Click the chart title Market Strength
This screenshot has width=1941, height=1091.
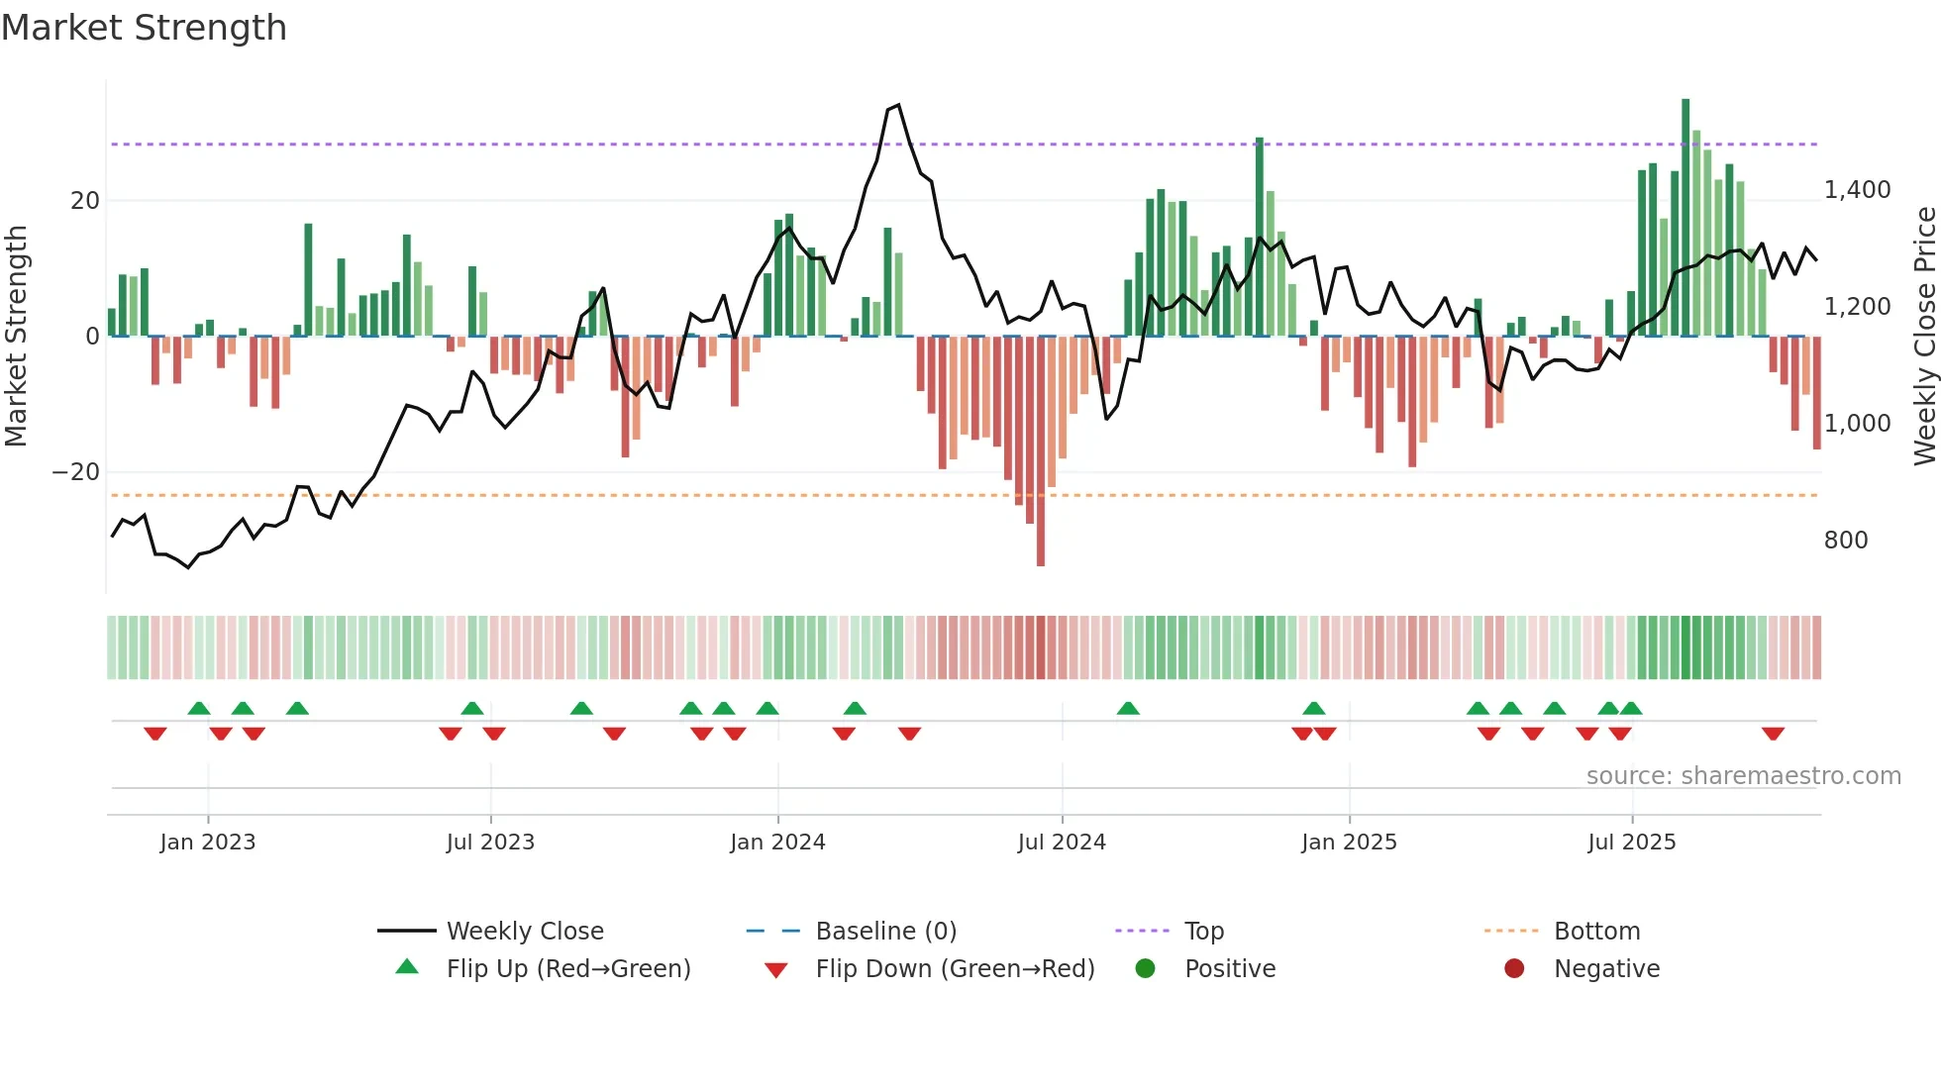tap(144, 28)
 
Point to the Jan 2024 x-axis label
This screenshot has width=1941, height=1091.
tap(777, 843)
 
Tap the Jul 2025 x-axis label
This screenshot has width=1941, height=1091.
tap(1631, 843)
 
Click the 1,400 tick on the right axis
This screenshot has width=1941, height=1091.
tap(1857, 190)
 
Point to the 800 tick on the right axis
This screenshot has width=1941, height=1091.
tap(1845, 541)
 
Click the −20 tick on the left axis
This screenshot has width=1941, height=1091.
tap(76, 472)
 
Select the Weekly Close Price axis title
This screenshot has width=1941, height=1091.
tap(1924, 337)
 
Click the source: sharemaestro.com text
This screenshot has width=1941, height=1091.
tap(1743, 776)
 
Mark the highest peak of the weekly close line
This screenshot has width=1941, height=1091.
tap(897, 105)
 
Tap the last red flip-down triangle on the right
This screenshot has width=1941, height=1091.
tap(1773, 734)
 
